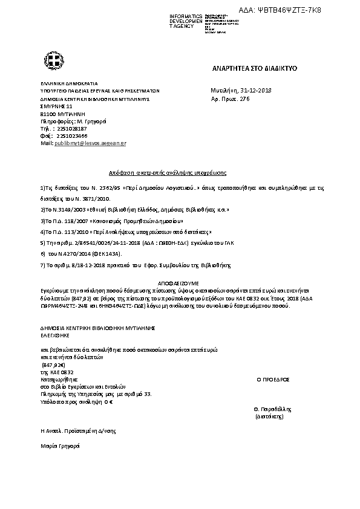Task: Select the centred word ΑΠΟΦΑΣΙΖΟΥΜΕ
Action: tap(180, 282)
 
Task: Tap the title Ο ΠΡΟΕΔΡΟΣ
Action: tap(273, 380)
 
